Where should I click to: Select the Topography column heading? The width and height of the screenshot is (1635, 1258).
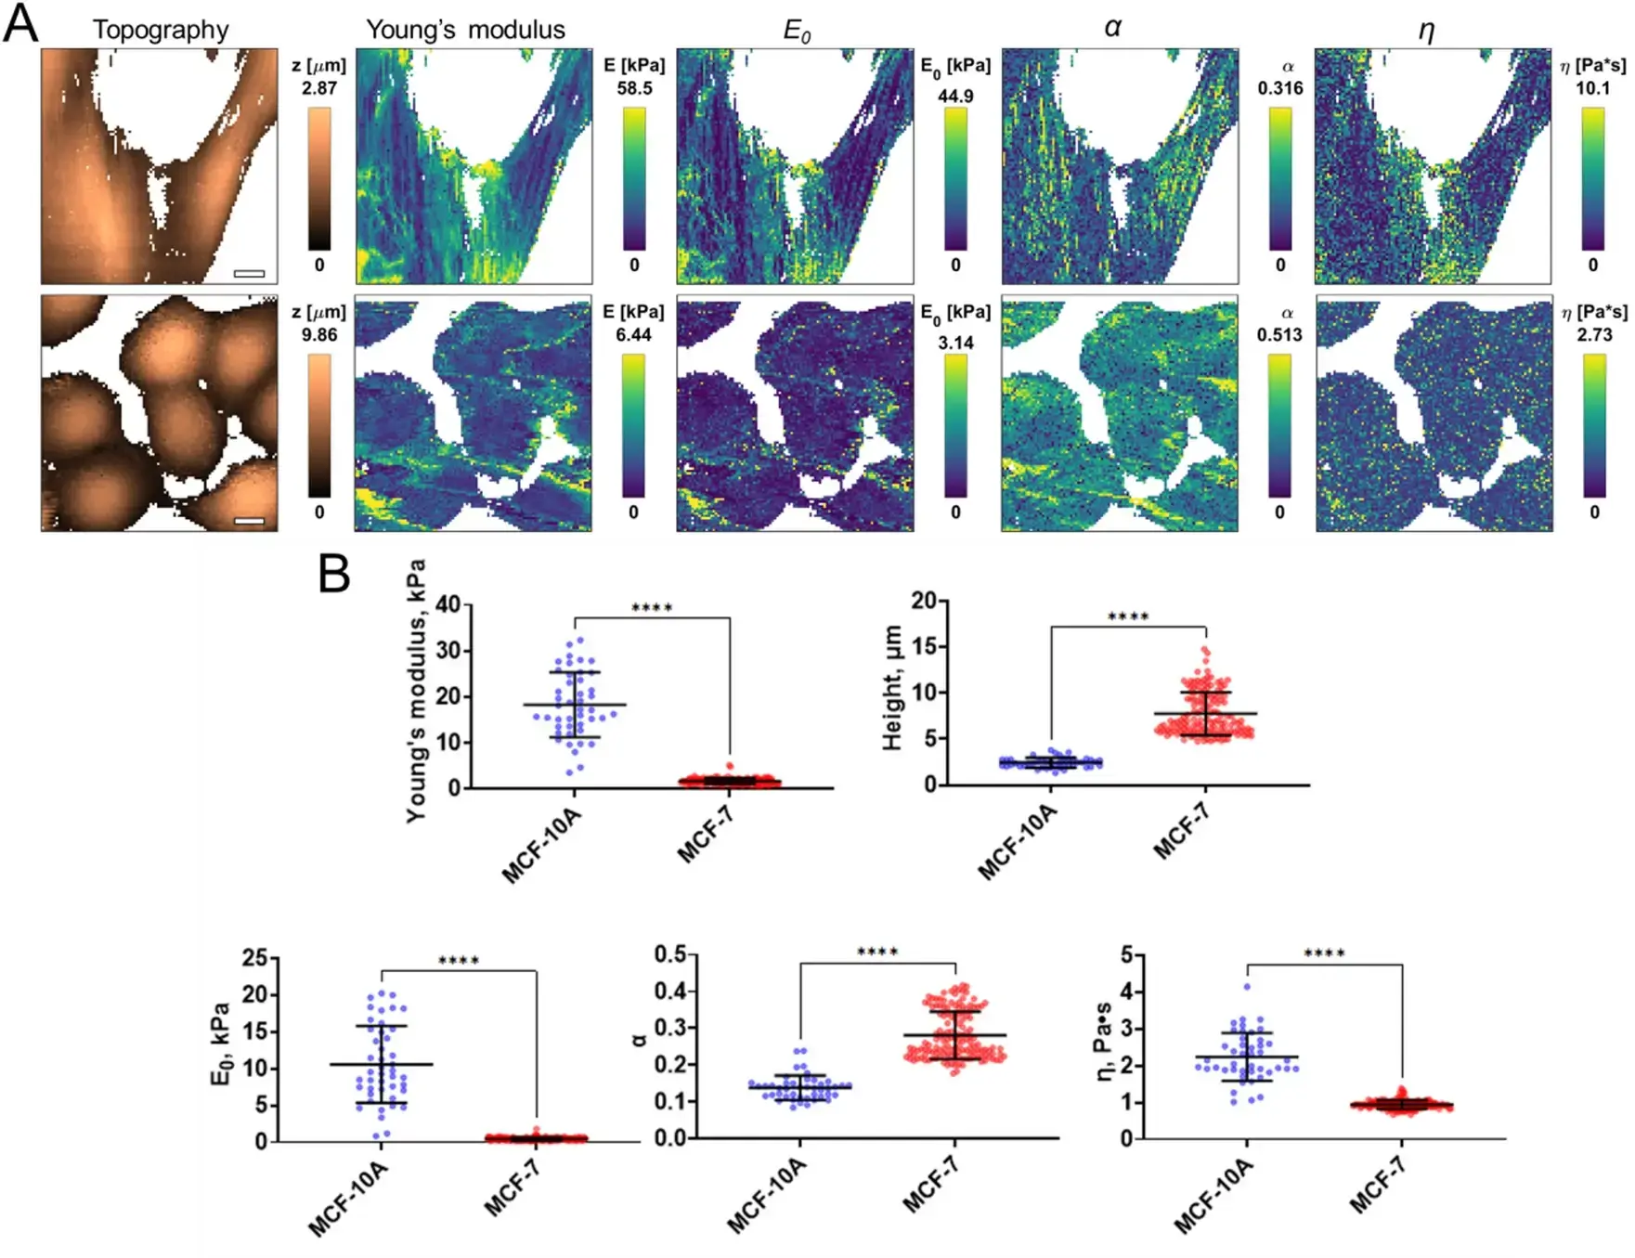pyautogui.click(x=161, y=30)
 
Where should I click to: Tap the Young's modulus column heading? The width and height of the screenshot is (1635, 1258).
pyautogui.click(x=465, y=30)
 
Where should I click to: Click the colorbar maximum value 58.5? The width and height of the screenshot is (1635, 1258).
pyautogui.click(x=634, y=88)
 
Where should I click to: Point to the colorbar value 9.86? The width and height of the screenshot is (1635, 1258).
pyautogui.click(x=318, y=334)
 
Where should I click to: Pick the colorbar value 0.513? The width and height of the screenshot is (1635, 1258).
pyautogui.click(x=1279, y=334)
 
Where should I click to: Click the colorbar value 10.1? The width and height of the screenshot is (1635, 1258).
pyautogui.click(x=1592, y=88)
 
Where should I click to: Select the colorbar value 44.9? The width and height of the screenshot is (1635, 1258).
pyautogui.click(x=955, y=96)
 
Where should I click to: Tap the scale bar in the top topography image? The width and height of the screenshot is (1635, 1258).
pyautogui.click(x=249, y=273)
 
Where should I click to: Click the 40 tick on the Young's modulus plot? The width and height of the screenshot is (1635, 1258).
pyautogui.click(x=448, y=604)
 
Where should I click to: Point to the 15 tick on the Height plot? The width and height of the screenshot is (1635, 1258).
pyautogui.click(x=925, y=646)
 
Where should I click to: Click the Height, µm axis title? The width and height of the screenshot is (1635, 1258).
pyautogui.click(x=892, y=688)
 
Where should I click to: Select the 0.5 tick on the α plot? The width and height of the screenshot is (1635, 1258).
pyautogui.click(x=670, y=954)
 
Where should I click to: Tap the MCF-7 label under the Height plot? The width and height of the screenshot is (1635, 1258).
pyautogui.click(x=1181, y=832)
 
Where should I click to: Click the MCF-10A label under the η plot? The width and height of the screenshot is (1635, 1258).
pyautogui.click(x=1214, y=1198)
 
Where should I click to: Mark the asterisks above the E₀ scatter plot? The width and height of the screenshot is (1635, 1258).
pyautogui.click(x=458, y=960)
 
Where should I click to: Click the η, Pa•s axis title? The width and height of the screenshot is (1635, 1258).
pyautogui.click(x=1104, y=1041)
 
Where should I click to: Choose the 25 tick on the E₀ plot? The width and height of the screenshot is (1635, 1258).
pyautogui.click(x=254, y=957)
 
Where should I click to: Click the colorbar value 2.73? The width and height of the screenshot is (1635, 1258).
pyautogui.click(x=1594, y=334)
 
